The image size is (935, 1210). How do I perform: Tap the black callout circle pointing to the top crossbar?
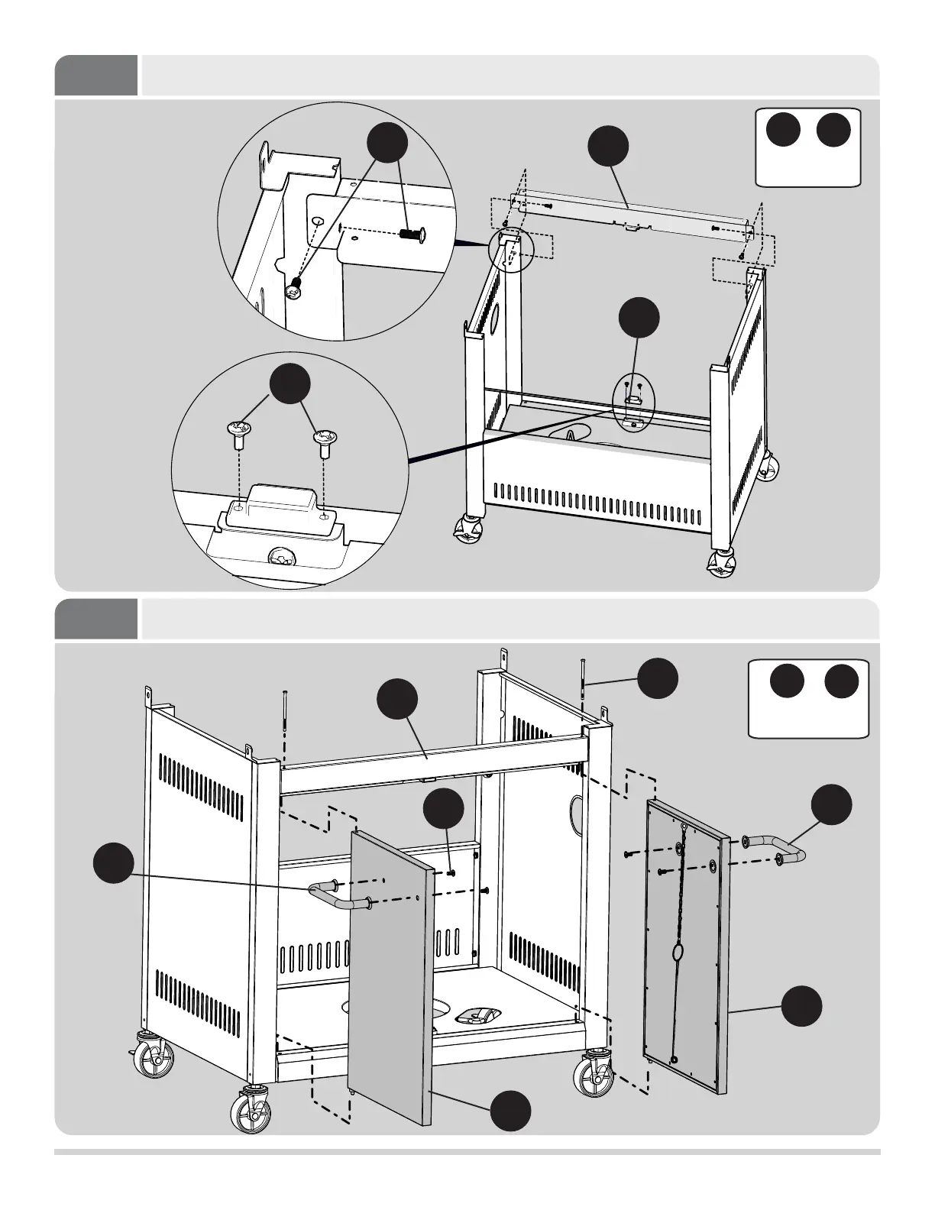[x=608, y=146]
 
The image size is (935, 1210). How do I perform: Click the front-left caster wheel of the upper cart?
[x=467, y=529]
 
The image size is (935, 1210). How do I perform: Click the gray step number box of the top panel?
[x=96, y=75]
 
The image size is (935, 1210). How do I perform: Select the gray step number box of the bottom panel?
[x=96, y=619]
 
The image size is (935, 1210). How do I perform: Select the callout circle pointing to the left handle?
[x=113, y=863]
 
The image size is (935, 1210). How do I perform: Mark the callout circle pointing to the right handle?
[x=831, y=805]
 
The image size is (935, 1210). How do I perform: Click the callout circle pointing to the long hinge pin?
[x=657, y=678]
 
